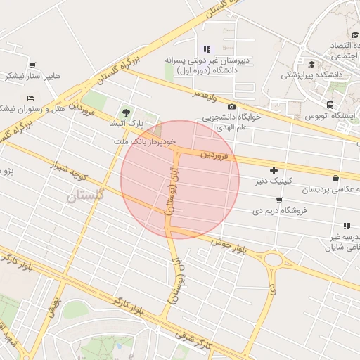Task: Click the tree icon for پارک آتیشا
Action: [127, 112]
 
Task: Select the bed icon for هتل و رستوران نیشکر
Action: [30, 98]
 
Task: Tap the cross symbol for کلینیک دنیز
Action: [274, 170]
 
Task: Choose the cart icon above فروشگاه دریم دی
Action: [279, 200]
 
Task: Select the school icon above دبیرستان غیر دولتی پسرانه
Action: [206, 49]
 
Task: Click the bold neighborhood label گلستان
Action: [85, 197]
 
